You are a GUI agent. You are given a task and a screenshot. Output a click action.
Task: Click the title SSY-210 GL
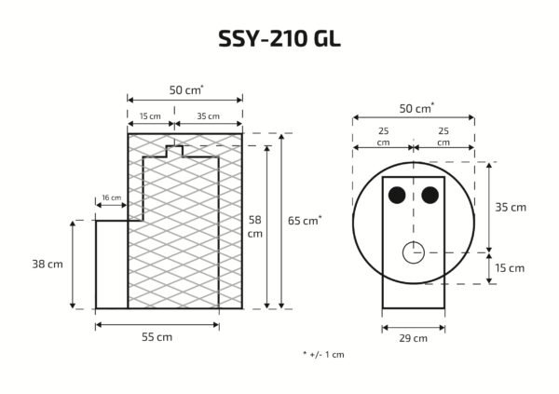click(279, 38)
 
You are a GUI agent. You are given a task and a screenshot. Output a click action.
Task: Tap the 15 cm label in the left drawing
click(149, 116)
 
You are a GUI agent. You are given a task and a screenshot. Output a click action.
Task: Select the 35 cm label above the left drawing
click(208, 116)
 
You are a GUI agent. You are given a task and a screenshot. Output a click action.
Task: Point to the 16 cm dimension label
click(110, 197)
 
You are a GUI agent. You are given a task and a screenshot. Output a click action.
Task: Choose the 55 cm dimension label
click(157, 336)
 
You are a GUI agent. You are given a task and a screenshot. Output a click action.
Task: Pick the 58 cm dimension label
click(254, 226)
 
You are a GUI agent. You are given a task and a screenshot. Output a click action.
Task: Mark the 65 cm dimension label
click(305, 221)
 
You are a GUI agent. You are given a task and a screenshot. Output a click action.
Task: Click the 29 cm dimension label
click(413, 338)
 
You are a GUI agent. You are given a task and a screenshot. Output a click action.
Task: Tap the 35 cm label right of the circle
click(510, 207)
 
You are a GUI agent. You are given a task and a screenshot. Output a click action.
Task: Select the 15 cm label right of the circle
click(510, 268)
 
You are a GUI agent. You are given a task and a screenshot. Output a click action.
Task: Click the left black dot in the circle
click(397, 195)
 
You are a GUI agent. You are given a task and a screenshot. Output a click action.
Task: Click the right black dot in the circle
click(429, 195)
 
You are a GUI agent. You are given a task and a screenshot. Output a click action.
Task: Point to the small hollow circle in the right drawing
click(413, 251)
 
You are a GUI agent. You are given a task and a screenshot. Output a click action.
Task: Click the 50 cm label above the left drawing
click(186, 89)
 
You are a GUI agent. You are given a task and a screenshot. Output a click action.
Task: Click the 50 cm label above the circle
click(416, 108)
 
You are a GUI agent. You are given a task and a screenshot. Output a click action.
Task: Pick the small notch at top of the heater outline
click(174, 149)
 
